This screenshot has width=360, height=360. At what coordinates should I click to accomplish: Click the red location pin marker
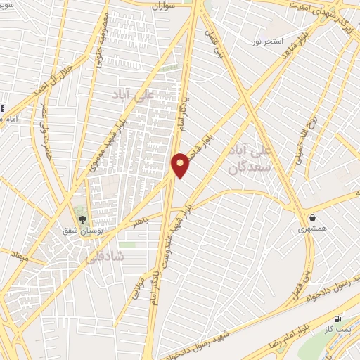tap(181, 165)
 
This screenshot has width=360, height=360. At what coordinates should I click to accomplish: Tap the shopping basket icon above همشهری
tap(311, 218)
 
